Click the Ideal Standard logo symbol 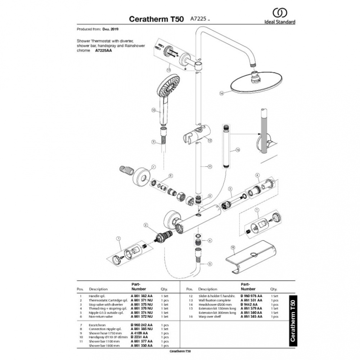pos(280,13)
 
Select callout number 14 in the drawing pos(221,93)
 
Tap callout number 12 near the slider pos(210,140)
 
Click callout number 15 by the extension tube pos(237,149)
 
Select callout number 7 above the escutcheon pos(153,167)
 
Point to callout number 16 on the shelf pos(233,248)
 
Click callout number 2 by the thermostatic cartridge pos(145,225)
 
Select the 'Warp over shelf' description pos(210,317)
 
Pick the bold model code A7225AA pos(104,51)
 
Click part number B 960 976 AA pos(251,296)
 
